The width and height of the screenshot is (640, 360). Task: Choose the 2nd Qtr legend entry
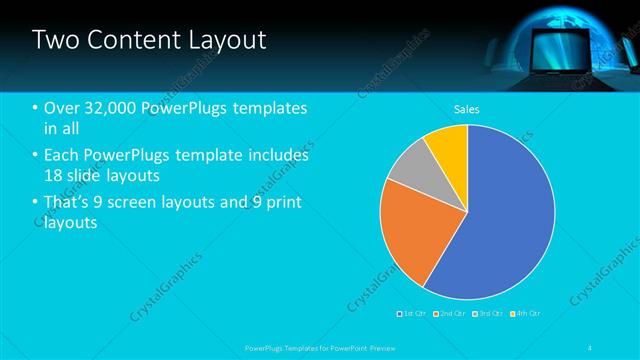point(449,314)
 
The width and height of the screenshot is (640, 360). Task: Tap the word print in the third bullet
point(283,203)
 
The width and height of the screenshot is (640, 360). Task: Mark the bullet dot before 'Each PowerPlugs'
point(36,156)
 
